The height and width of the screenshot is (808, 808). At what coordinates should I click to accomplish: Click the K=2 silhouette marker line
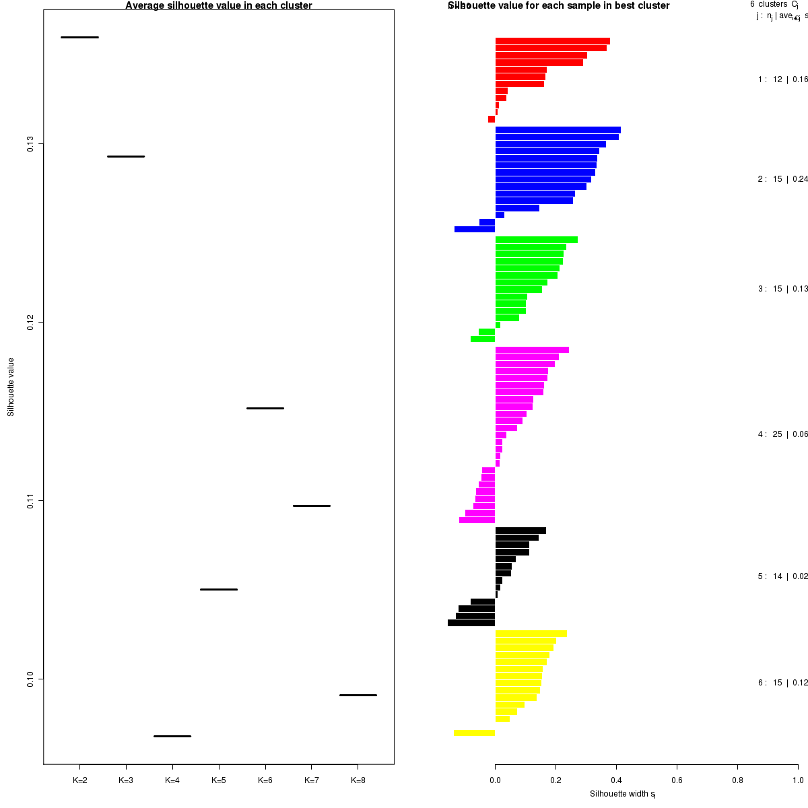pos(79,37)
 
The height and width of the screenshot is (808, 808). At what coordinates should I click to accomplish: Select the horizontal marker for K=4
pos(172,736)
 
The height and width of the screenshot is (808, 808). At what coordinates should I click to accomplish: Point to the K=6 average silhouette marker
pos(265,408)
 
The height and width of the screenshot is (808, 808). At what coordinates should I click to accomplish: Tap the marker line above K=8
pos(358,695)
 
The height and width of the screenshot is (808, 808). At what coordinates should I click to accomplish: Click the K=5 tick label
pos(219,780)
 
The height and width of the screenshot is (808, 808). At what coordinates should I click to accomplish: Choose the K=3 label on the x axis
pos(126,780)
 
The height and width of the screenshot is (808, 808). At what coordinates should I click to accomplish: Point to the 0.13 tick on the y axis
pos(30,143)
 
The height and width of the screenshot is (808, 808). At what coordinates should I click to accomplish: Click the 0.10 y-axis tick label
pos(30,679)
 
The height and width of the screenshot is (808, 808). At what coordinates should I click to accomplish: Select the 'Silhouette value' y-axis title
pos(11,387)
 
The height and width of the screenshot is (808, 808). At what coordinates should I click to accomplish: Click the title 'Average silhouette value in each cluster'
pos(219,6)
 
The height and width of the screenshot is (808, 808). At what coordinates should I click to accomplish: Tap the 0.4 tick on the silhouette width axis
pos(616,780)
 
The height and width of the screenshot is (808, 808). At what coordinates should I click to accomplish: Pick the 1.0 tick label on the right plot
pos(797,780)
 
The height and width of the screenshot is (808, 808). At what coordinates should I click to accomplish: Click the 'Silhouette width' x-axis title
pos(623,794)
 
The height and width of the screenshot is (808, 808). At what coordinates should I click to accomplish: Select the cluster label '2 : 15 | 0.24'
pos(782,179)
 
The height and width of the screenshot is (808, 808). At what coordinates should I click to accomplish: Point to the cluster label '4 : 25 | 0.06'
pos(782,434)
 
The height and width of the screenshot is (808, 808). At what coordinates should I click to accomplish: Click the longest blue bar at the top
pos(558,130)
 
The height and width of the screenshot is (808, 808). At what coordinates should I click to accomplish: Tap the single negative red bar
pos(492,119)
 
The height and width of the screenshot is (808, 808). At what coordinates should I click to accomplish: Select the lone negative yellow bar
pos(474,733)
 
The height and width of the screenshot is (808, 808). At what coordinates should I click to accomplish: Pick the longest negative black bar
pos(471,623)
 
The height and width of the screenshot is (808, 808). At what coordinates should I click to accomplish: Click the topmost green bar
pos(536,240)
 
